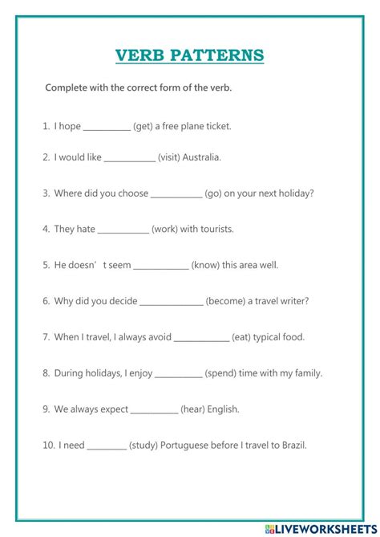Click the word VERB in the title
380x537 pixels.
click(x=140, y=55)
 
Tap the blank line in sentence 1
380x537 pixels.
click(x=106, y=128)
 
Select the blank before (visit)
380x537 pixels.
click(x=129, y=159)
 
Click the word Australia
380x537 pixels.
click(x=202, y=157)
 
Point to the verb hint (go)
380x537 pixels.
click(x=212, y=193)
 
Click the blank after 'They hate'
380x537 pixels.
click(x=123, y=230)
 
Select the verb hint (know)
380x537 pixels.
click(x=205, y=264)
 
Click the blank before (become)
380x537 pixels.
click(x=171, y=303)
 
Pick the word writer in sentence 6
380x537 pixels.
click(x=293, y=301)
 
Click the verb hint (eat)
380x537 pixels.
click(x=242, y=337)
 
